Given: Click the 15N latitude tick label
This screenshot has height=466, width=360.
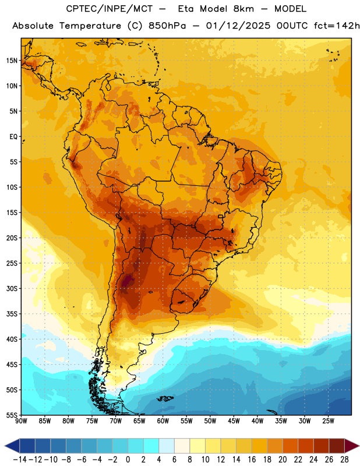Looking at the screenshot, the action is (12, 61).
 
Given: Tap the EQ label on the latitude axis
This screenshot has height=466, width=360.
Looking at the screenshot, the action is (13, 137).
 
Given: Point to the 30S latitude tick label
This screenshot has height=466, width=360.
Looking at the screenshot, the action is (12, 288).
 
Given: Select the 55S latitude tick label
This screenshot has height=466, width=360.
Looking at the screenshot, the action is (12, 415).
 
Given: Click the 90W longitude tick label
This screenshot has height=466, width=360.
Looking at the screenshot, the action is (21, 421).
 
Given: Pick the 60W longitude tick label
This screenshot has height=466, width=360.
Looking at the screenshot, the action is (163, 421).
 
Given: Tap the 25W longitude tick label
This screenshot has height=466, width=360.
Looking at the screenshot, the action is (328, 421).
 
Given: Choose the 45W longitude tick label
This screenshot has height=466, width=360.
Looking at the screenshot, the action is (234, 421).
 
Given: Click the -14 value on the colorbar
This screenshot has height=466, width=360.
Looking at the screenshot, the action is (20, 460).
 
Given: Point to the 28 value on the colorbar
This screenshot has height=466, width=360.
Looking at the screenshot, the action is (344, 460).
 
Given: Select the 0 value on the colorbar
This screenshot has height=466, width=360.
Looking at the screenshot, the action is (128, 460).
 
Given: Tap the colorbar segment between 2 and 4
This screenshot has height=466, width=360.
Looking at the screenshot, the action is (151, 446).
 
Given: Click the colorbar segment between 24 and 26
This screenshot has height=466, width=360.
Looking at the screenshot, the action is (321, 446).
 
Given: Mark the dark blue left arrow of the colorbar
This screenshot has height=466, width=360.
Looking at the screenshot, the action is (12, 446).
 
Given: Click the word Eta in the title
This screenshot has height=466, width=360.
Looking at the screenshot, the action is (185, 9).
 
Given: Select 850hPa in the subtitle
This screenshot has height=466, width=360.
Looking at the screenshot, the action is (167, 26).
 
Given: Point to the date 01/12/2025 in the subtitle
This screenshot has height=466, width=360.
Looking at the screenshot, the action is (238, 26).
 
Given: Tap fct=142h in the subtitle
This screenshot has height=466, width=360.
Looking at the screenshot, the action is (337, 26).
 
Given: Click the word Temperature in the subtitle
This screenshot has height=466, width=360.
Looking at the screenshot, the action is (90, 26).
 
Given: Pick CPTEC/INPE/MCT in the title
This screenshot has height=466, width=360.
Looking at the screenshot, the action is (109, 9).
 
